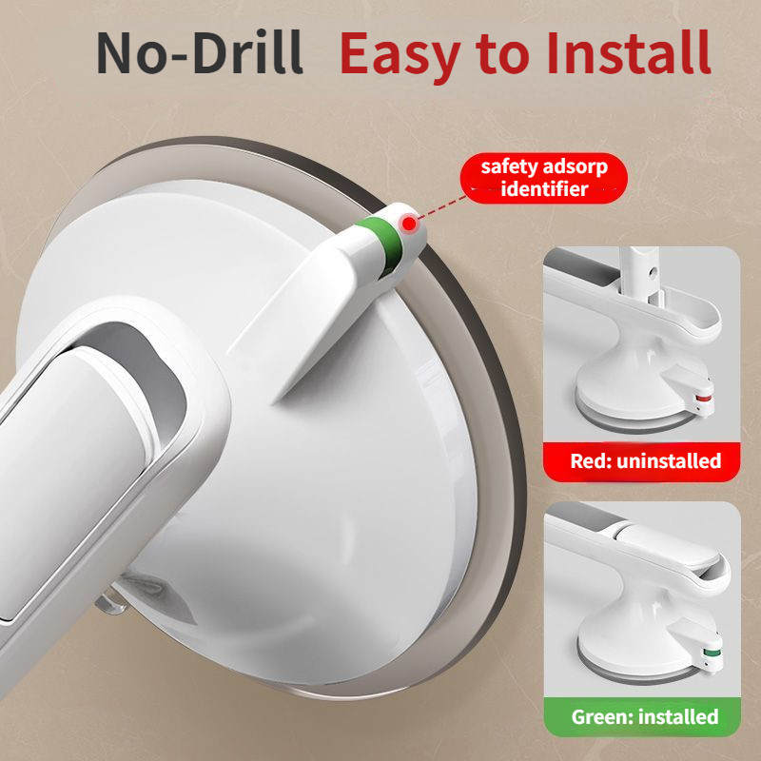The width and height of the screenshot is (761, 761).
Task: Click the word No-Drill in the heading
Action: coord(200,53)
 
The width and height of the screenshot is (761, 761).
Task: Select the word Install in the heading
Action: coord(629,52)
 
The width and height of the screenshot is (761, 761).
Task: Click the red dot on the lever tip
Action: coord(410,224)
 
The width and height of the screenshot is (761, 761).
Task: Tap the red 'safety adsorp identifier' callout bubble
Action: coord(543,178)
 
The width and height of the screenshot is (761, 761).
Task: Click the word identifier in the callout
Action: coord(544,189)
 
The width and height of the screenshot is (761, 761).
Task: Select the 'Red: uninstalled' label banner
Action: coord(641,461)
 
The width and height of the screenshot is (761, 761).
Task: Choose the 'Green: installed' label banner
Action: coord(643,717)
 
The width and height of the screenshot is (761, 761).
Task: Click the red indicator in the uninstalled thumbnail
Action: coord(703,400)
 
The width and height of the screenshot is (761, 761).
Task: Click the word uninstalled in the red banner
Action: coord(669,461)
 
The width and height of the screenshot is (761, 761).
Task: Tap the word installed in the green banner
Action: coord(678,717)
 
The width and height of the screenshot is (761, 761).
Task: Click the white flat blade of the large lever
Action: coord(311,316)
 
